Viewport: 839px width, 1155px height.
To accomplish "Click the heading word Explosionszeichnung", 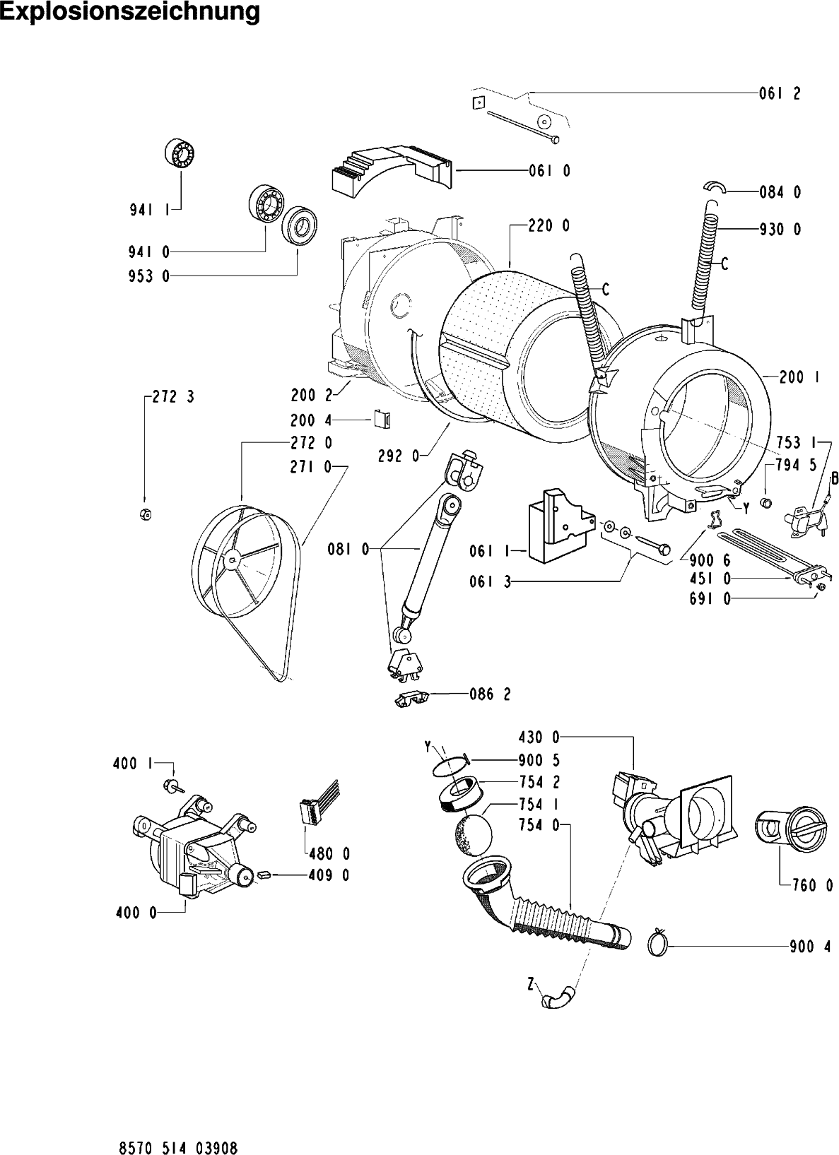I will pyautogui.click(x=130, y=12).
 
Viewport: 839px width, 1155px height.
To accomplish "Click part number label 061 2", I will pyautogui.click(x=780, y=93).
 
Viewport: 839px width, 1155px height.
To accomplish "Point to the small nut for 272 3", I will pyautogui.click(x=143, y=514).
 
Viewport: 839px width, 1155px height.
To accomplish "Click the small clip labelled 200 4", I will pyautogui.click(x=382, y=420).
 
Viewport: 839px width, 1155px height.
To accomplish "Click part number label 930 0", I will pyautogui.click(x=780, y=230).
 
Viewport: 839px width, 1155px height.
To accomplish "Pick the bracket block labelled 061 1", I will pyautogui.click(x=558, y=526).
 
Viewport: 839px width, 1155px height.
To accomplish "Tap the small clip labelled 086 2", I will pyautogui.click(x=411, y=698).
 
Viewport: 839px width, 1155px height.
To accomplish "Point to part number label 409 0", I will pyautogui.click(x=329, y=875).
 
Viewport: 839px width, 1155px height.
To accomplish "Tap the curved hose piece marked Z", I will pyautogui.click(x=557, y=998).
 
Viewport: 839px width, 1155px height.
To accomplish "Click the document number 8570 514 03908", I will pyautogui.click(x=173, y=1129).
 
